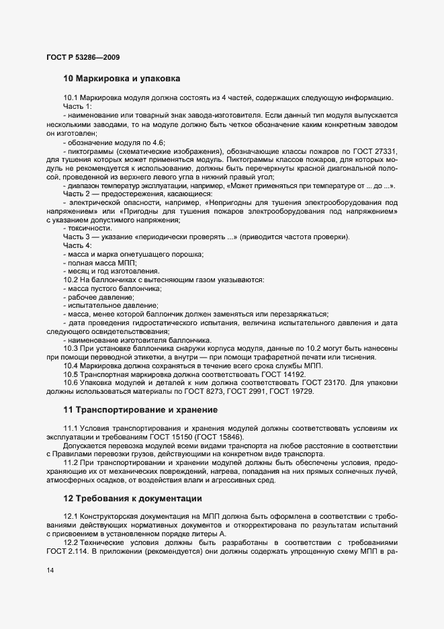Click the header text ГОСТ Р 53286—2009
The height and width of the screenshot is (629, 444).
[x=83, y=56]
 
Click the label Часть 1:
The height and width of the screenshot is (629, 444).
[x=78, y=107]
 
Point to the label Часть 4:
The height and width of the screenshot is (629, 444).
[x=78, y=245]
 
